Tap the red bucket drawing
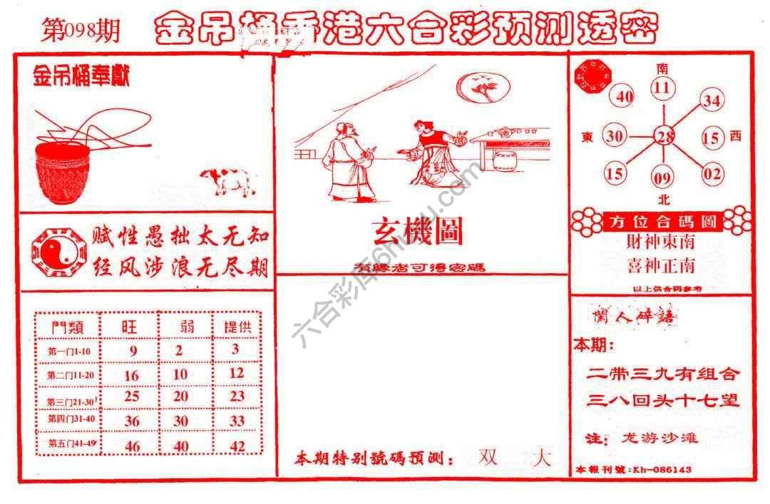point(63,171)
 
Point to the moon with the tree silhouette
point(483,88)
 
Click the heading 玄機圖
point(417,231)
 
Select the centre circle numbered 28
point(664,136)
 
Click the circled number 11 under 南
point(663,88)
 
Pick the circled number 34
point(711,101)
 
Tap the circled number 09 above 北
point(662,175)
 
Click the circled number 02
point(712,173)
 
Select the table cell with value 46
point(131,446)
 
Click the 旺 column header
point(130,326)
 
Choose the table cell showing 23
point(237,396)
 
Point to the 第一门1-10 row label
point(69,351)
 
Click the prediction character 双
point(488,456)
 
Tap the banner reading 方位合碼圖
point(662,222)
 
